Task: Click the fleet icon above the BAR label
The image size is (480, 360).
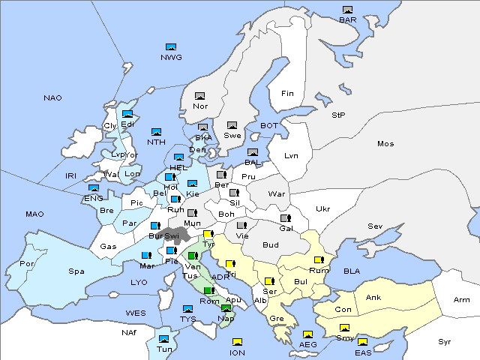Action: pos(347,10)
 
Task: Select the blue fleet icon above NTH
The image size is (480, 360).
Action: pos(157,132)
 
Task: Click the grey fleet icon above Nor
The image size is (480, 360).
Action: pos(199,96)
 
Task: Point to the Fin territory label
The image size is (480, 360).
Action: pos(287,94)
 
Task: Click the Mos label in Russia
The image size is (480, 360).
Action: pos(385,143)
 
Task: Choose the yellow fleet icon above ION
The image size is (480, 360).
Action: pos(237,343)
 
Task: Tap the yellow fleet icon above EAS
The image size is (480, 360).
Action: pos(363,343)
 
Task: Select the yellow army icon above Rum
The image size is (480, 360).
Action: pos(319,260)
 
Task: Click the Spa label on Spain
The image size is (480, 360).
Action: pos(76,271)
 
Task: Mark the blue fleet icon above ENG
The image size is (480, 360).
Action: pos(94,188)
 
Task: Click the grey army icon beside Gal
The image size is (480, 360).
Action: pos(286,218)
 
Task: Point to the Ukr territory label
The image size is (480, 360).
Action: pos(322,208)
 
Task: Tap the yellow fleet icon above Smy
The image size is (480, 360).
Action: pos(344,328)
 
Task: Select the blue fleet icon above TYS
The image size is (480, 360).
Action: pos(187,309)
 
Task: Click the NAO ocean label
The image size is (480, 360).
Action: pos(52,98)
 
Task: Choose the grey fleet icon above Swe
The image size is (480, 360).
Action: pos(232,125)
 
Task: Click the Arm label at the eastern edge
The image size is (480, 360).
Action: pos(462,300)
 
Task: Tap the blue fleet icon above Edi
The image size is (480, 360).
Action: pos(127,114)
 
